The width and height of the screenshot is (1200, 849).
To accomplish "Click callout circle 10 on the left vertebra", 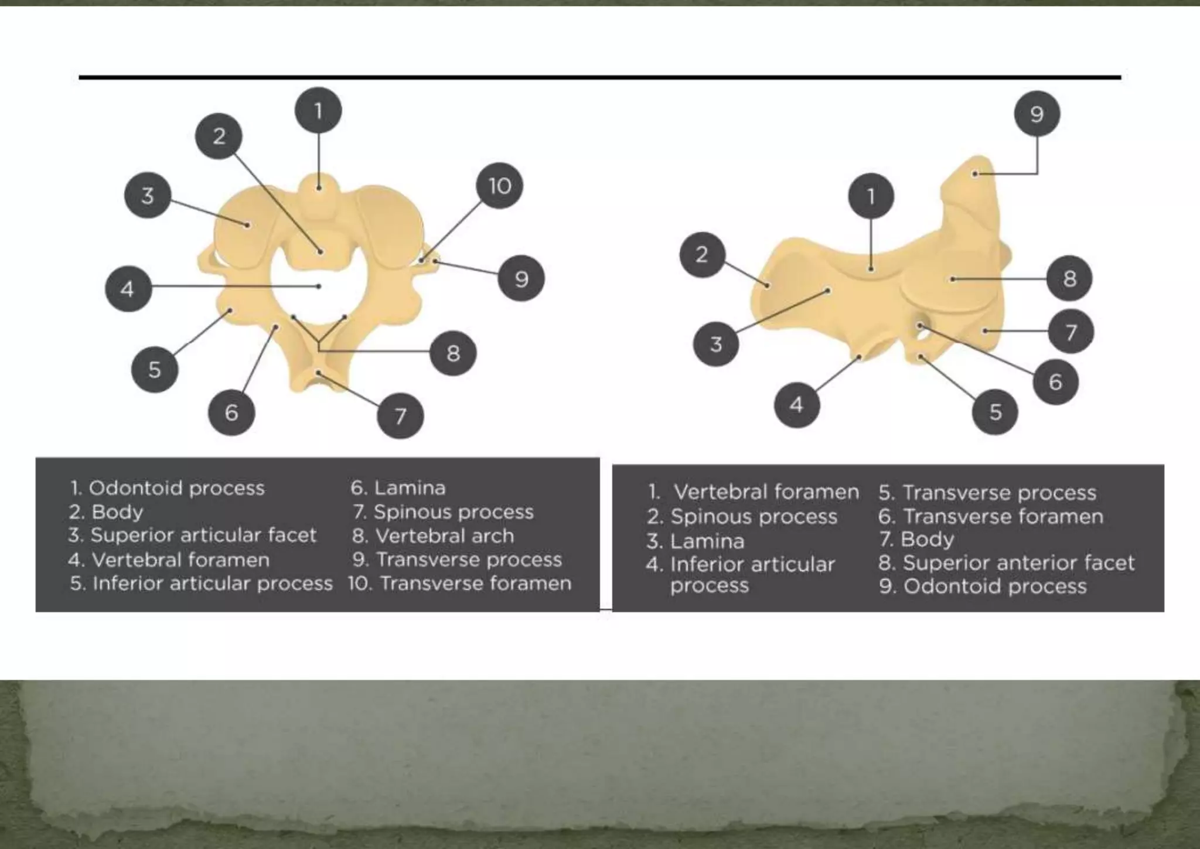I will [499, 186].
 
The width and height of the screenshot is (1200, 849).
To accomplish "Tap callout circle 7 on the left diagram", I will [400, 416].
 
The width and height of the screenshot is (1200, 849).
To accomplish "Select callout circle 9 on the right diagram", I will [1037, 114].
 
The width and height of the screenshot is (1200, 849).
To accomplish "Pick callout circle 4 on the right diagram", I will [796, 404].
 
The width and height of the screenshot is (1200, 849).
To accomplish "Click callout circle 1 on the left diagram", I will [318, 111].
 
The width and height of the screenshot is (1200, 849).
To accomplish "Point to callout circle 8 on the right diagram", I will [1069, 278].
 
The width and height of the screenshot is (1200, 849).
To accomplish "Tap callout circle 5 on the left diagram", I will [154, 369].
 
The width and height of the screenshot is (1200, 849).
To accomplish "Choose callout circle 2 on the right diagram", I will [702, 255].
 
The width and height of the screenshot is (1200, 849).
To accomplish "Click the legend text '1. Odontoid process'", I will [168, 487].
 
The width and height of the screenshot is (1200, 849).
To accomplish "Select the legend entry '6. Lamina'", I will [398, 487].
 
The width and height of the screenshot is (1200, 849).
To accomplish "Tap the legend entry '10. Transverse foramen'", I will [460, 584].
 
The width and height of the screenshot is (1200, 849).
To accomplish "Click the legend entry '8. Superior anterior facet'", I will [1006, 563].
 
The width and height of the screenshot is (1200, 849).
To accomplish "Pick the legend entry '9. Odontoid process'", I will [983, 587].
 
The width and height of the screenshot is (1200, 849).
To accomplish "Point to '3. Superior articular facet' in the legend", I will [192, 535].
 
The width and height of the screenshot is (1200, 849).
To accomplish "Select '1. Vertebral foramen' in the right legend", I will [754, 492].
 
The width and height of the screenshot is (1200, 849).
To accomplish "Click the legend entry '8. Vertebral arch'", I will [433, 536].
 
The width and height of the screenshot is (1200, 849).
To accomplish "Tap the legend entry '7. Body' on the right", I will [916, 539].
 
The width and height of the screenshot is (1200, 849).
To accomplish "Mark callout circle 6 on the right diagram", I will [1055, 382].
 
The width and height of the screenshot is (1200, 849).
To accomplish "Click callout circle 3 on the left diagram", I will [148, 195].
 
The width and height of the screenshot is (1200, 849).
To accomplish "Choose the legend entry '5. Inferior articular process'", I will [201, 584].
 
